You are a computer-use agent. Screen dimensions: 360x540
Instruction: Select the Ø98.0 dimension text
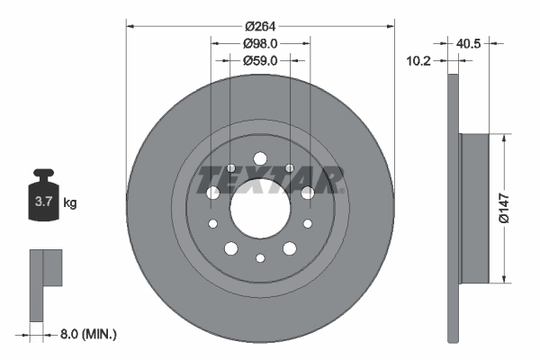[x=260, y=42]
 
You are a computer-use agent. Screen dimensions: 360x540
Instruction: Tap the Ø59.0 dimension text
[x=260, y=60]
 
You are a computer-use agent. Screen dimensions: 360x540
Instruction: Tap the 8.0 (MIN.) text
[x=87, y=334]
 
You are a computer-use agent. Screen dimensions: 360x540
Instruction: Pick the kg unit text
[x=70, y=203]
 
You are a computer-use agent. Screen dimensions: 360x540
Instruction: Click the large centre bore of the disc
[x=260, y=207]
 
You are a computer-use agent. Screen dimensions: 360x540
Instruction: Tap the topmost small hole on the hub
[x=260, y=155]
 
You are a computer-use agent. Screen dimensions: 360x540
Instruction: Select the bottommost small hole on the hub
[x=260, y=259]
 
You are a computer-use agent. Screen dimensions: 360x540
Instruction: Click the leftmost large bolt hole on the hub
[x=213, y=193]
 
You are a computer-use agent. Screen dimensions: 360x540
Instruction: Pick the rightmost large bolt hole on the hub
[x=308, y=192]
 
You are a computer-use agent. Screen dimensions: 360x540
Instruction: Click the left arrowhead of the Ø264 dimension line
[x=130, y=24]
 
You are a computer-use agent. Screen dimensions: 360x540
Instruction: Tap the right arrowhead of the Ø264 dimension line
[x=390, y=24]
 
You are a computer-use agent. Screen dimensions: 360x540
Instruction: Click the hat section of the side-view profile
[x=473, y=206]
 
